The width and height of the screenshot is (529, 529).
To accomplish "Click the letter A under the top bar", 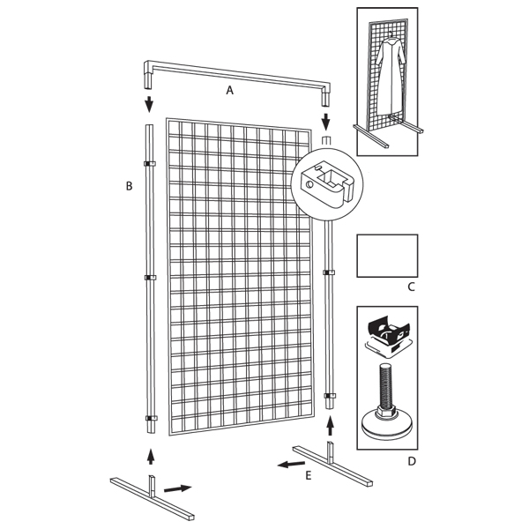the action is (230, 91).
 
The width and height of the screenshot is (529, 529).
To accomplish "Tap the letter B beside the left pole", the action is (130, 186).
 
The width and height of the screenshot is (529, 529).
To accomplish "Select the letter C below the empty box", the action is (411, 287).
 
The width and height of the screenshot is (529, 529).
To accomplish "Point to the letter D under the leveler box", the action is (412, 461).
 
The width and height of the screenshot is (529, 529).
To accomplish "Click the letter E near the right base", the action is (309, 476).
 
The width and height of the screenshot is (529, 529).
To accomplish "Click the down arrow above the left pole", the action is (149, 104).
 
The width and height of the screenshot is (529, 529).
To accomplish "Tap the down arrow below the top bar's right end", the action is (325, 123).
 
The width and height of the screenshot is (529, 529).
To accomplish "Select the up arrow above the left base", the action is (151, 457).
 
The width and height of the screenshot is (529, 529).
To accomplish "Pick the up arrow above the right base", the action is (331, 426).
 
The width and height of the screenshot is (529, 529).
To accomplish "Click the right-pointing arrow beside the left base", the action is (178, 488).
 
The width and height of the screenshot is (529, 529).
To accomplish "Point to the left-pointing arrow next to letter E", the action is (291, 464).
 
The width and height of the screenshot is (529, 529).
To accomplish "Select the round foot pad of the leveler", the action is (387, 424).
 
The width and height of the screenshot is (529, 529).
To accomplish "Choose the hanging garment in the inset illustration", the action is (391, 76).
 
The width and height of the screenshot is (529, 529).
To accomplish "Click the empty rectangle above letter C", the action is (387, 256).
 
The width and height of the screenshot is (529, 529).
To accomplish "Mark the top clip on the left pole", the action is (150, 164).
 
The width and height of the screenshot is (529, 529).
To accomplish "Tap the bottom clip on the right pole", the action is (330, 396).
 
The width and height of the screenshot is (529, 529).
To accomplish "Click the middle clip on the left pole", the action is (150, 278).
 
